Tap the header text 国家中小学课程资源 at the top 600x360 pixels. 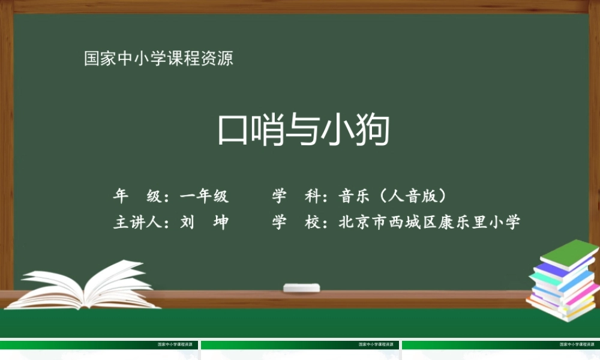click(x=158, y=59)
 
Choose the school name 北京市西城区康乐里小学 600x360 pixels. click(x=429, y=222)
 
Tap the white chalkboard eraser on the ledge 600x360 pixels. click(x=302, y=287)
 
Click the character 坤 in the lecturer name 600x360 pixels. click(x=221, y=222)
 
